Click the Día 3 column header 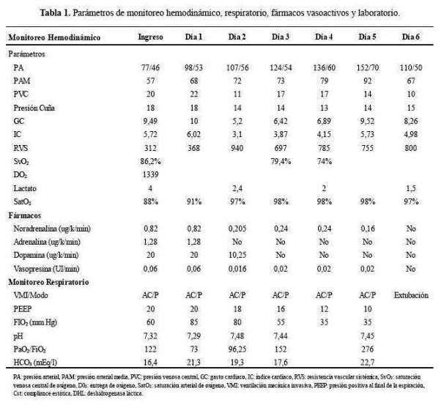click(x=282, y=36)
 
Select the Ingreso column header click(x=151, y=36)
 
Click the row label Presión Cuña click(x=34, y=106)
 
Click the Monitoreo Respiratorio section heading click(x=48, y=282)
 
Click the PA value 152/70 click(x=366, y=67)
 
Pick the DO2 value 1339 click(x=151, y=177)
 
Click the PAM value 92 click(x=366, y=80)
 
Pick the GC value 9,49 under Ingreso click(x=151, y=119)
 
